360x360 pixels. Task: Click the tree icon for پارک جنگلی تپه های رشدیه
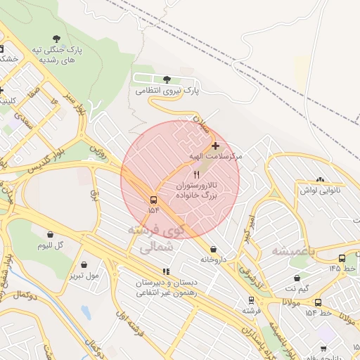[56, 39]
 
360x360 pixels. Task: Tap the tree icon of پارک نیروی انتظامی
[167, 79]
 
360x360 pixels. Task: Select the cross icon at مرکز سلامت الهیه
[215, 145]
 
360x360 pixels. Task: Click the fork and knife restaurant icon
[196, 174]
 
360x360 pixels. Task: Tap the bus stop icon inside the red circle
[154, 199]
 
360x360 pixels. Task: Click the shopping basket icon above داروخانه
[213, 248]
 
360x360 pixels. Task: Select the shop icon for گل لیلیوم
[50, 234]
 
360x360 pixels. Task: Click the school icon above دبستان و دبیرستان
[166, 271]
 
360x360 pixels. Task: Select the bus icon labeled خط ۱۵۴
[318, 302]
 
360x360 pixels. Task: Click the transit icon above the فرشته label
[248, 300]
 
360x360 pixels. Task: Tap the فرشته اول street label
[131, 325]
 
